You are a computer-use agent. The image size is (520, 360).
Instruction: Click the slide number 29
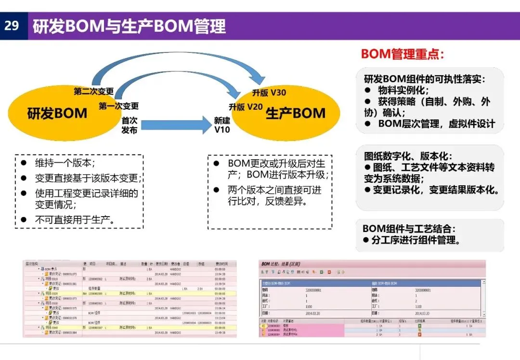click(x=12, y=26)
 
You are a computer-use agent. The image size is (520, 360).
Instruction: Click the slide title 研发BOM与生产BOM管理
click(x=129, y=26)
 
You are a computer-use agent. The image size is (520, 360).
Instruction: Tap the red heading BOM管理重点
click(x=403, y=53)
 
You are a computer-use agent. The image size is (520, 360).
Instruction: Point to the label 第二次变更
click(x=94, y=91)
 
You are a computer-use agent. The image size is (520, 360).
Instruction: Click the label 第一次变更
click(x=119, y=106)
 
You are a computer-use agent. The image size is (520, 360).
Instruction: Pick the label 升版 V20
click(x=246, y=107)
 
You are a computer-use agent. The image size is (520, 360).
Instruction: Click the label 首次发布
click(x=129, y=125)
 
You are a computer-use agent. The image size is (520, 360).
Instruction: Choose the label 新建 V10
click(x=222, y=125)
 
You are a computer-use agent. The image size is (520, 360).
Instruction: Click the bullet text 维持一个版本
click(x=65, y=163)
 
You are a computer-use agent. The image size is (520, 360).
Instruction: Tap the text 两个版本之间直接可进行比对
click(x=274, y=195)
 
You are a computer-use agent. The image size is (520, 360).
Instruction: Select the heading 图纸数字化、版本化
click(x=408, y=156)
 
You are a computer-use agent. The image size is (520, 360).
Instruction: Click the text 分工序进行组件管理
click(x=416, y=240)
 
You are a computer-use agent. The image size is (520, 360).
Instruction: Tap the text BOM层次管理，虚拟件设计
click(x=436, y=124)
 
